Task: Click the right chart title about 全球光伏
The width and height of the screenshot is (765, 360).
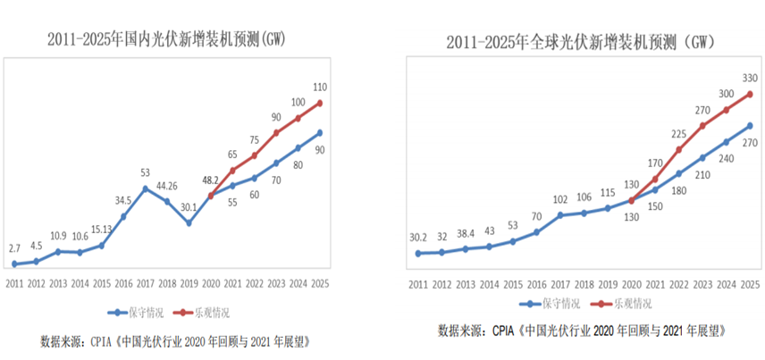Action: [582, 41]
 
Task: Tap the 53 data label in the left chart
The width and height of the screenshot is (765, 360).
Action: [145, 172]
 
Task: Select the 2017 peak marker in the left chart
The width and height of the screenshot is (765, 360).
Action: [146, 188]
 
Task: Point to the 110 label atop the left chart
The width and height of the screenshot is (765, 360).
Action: [320, 87]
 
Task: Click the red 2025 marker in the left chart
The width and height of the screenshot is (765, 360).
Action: [320, 103]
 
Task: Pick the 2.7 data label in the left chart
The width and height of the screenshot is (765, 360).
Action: [15, 247]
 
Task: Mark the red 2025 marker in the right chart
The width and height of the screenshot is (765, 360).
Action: [749, 94]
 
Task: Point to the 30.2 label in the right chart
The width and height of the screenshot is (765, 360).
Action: [419, 238]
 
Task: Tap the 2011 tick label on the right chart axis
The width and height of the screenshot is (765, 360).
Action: [418, 284]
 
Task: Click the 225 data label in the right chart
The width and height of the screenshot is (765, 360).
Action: [677, 134]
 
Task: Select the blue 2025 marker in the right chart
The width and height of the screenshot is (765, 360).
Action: [749, 125]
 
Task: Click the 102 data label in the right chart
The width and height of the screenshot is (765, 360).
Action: [560, 199]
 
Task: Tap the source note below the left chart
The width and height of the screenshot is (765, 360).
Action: [175, 342]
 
